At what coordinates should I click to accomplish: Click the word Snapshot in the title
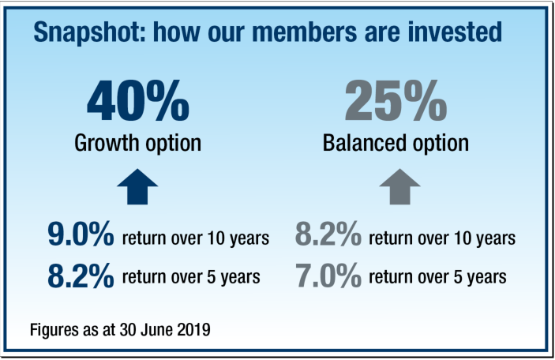[x=89, y=32]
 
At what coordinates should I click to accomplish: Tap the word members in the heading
[x=304, y=32]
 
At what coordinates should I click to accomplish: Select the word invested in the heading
[x=455, y=32]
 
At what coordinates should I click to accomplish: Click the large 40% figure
[x=138, y=101]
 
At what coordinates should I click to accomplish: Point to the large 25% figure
[x=396, y=101]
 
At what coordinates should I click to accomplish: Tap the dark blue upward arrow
[x=137, y=186]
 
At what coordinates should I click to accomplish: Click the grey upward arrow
[x=399, y=186]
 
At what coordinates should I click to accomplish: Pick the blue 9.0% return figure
[x=81, y=234]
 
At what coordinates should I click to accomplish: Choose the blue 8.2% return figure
[x=81, y=276]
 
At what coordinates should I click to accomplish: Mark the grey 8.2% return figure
[x=328, y=234]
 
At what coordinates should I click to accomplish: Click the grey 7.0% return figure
[x=328, y=276]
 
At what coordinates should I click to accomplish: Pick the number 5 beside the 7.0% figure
[x=459, y=277]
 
